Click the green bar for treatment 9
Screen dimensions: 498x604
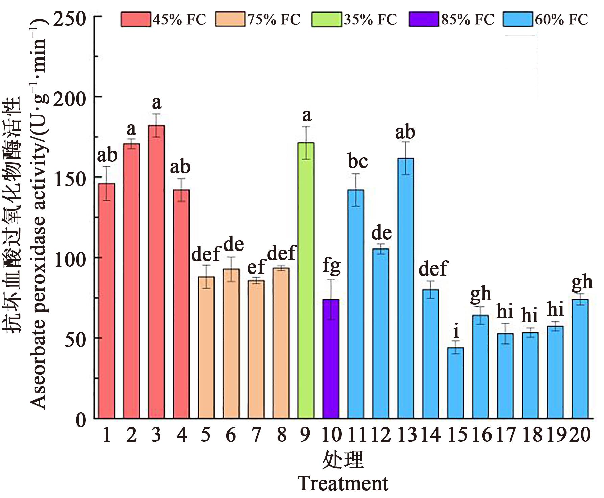(x=306, y=281)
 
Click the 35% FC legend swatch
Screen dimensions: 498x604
(x=327, y=19)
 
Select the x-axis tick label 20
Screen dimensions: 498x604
(x=580, y=434)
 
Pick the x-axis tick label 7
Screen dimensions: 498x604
(x=256, y=434)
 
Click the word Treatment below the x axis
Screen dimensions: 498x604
(x=343, y=483)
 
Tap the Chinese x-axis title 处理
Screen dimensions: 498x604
(x=343, y=460)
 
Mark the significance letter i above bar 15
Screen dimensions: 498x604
(x=456, y=332)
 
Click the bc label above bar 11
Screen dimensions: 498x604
(x=357, y=161)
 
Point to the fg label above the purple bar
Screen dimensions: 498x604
(x=331, y=266)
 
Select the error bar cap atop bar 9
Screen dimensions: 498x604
(x=306, y=127)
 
